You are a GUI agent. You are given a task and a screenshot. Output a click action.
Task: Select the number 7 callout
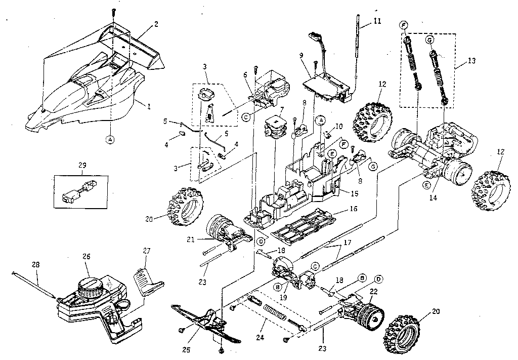pyautogui.click(x=282, y=109)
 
